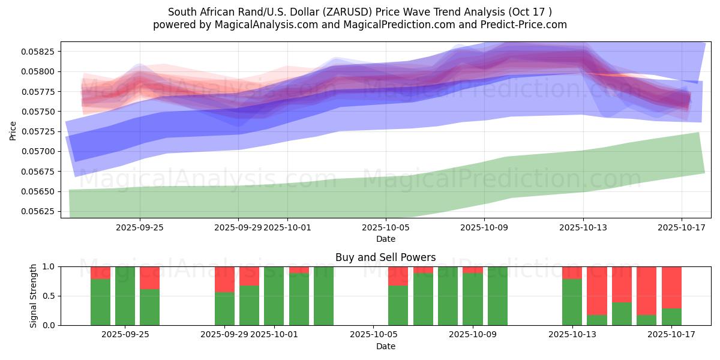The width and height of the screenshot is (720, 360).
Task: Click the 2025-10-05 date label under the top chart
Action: point(385,227)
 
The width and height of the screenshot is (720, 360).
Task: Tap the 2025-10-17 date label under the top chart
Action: point(682,227)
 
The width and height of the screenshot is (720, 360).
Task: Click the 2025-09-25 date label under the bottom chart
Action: point(125,335)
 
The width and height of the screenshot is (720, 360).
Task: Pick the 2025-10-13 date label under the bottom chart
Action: point(572,335)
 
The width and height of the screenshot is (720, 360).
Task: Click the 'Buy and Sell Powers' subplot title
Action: point(385,257)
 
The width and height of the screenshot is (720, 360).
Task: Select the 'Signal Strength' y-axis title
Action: point(34,295)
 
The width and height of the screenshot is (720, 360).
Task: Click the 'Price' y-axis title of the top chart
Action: point(13,130)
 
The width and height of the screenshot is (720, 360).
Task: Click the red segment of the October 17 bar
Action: point(671,287)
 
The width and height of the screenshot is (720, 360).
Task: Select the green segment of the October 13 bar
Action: point(572,302)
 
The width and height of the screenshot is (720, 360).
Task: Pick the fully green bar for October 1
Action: point(274,296)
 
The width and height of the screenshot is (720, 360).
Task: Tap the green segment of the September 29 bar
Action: point(224,308)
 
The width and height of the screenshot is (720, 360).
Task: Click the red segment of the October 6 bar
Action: point(398,276)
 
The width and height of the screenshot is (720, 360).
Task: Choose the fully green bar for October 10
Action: point(497,296)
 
